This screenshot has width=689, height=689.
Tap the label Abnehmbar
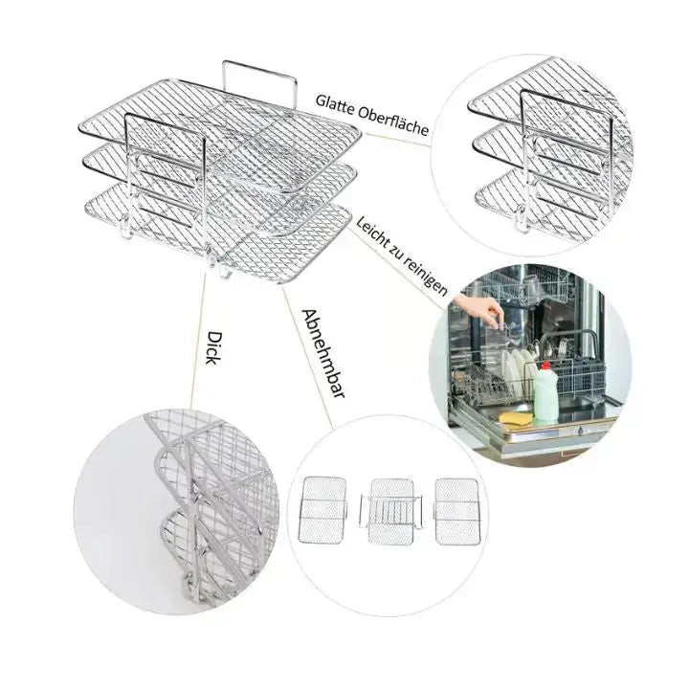322,353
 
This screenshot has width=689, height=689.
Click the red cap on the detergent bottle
545,366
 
